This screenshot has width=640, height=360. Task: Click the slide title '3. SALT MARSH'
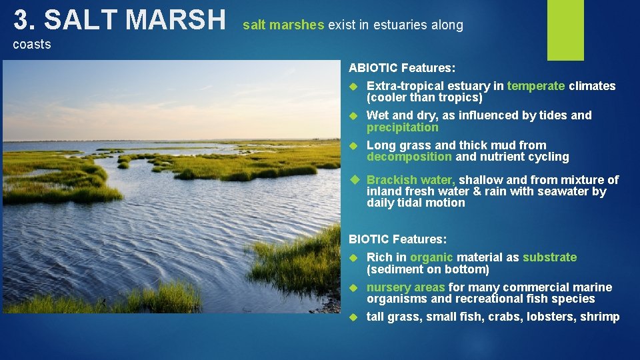(x=120, y=20)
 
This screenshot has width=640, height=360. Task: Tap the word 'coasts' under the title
(x=32, y=45)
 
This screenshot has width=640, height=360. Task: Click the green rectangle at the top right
(x=565, y=30)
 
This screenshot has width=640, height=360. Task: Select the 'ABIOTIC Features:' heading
(x=402, y=68)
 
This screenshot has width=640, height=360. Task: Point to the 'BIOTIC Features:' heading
(x=398, y=239)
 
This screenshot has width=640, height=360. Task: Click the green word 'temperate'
(x=536, y=86)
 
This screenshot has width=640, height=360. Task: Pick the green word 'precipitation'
(x=403, y=127)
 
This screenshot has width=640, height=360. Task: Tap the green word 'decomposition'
(x=409, y=157)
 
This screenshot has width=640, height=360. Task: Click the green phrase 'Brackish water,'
(x=411, y=180)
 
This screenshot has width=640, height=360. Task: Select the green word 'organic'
(x=431, y=257)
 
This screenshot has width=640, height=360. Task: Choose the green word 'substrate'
(x=550, y=257)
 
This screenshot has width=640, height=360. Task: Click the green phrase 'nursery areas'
(x=405, y=287)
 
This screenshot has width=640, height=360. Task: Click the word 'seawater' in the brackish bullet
(x=566, y=192)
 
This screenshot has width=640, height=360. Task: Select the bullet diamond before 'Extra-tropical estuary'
(x=355, y=86)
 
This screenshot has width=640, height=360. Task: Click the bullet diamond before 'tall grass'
(x=355, y=317)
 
